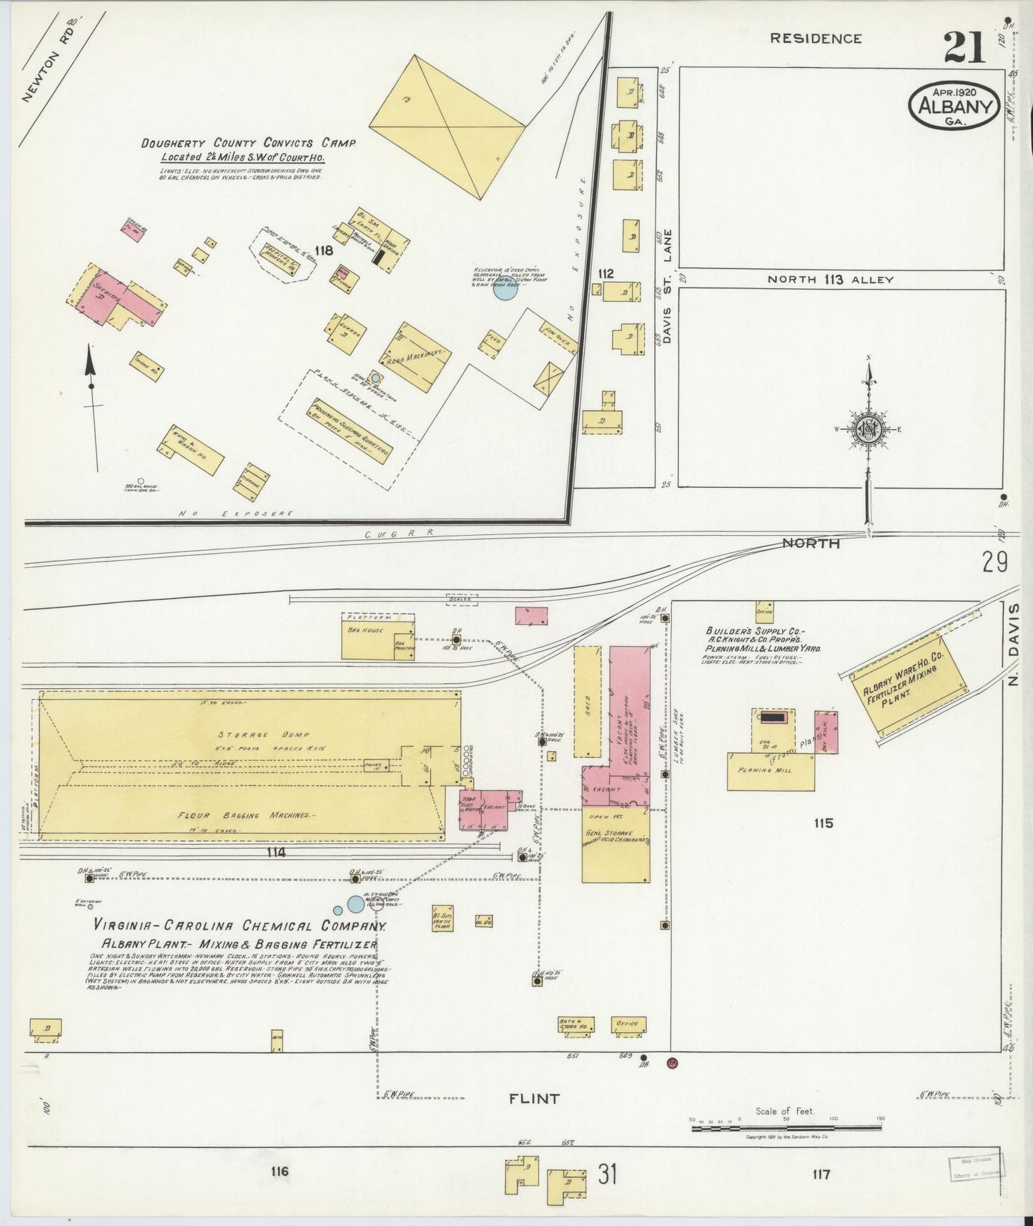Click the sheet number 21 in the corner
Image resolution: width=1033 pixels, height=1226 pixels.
(964, 48)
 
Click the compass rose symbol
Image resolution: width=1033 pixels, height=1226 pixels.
(869, 429)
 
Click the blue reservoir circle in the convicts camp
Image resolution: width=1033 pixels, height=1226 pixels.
(505, 289)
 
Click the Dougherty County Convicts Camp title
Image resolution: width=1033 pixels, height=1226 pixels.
(247, 143)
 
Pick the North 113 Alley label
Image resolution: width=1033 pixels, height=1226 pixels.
(830, 280)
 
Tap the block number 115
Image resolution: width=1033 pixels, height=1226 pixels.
(823, 823)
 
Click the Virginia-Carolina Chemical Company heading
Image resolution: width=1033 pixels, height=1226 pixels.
(239, 926)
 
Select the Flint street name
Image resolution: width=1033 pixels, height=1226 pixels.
(534, 1098)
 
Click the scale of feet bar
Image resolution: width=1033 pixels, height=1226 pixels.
(786, 1128)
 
